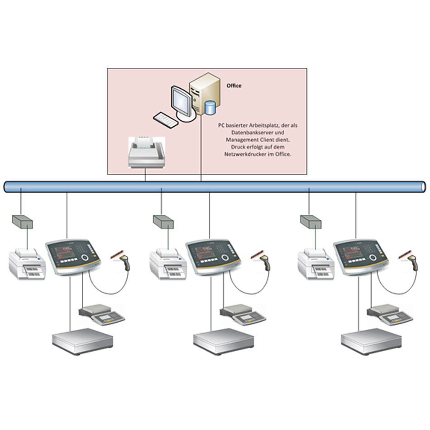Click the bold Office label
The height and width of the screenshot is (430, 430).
234,86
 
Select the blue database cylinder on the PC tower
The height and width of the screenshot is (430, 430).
210,108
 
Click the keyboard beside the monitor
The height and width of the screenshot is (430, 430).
165,119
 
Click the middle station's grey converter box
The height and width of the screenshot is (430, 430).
163,221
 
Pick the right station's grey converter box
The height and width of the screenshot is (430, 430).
311,221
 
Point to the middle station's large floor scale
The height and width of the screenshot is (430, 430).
223,341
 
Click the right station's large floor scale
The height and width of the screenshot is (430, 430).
371,341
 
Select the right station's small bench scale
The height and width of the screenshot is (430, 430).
390,314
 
